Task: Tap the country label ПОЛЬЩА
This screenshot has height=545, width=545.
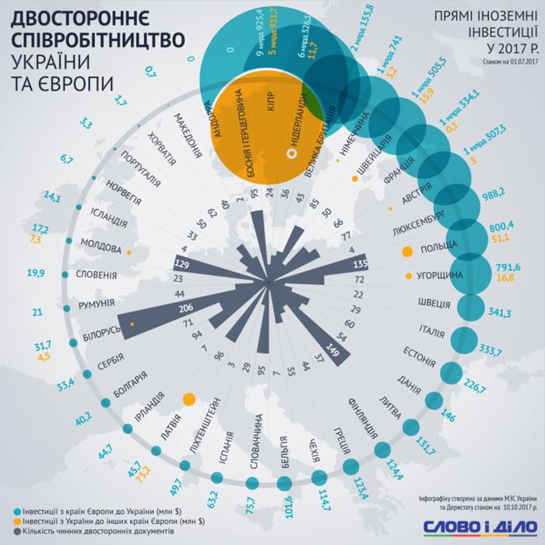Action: pyautogui.click(x=441, y=254)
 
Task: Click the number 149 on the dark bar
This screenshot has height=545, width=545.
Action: pyautogui.click(x=336, y=352)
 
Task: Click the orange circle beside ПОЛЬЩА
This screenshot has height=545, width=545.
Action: pyautogui.click(x=406, y=252)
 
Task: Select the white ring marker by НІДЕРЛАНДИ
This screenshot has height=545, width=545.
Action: pyautogui.click(x=293, y=155)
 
